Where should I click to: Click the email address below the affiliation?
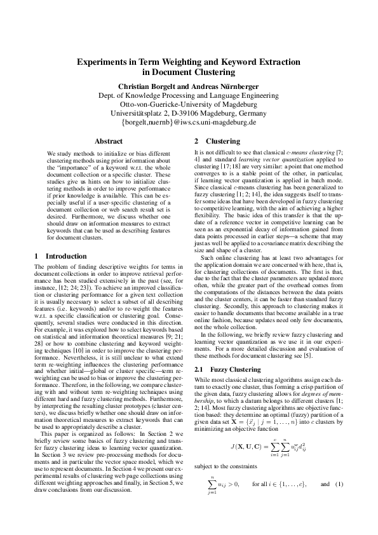pyautogui.click(x=189, y=121)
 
